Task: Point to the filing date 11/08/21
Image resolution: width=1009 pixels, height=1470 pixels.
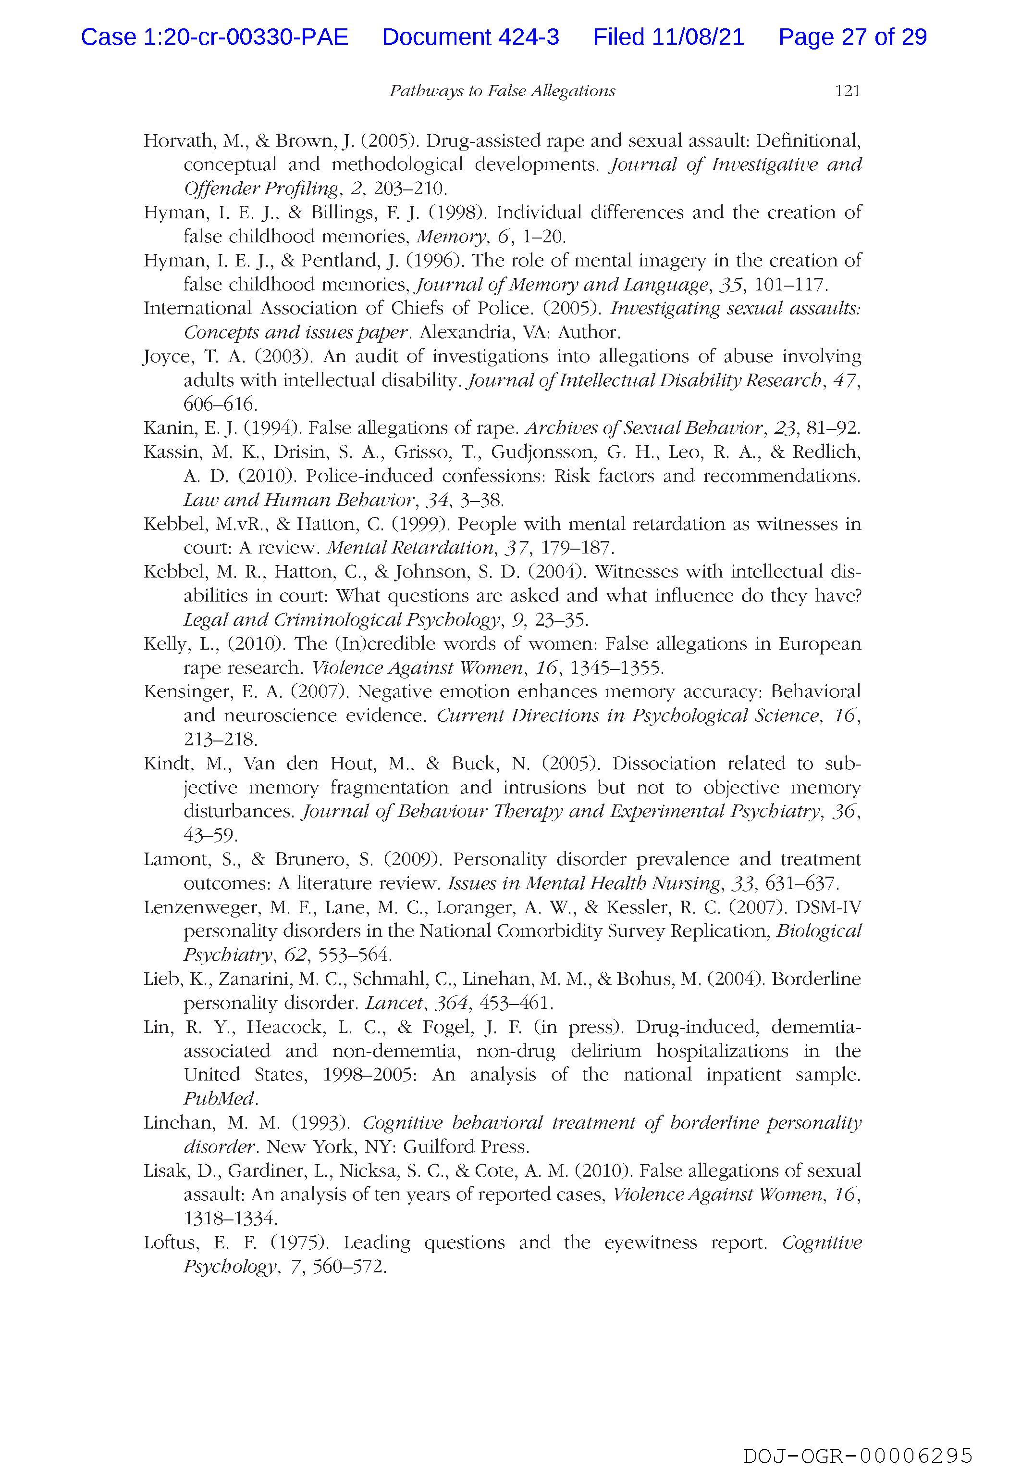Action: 699,38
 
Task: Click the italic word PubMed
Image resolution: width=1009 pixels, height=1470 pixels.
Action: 219,1099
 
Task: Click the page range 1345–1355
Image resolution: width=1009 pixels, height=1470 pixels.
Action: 616,668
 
